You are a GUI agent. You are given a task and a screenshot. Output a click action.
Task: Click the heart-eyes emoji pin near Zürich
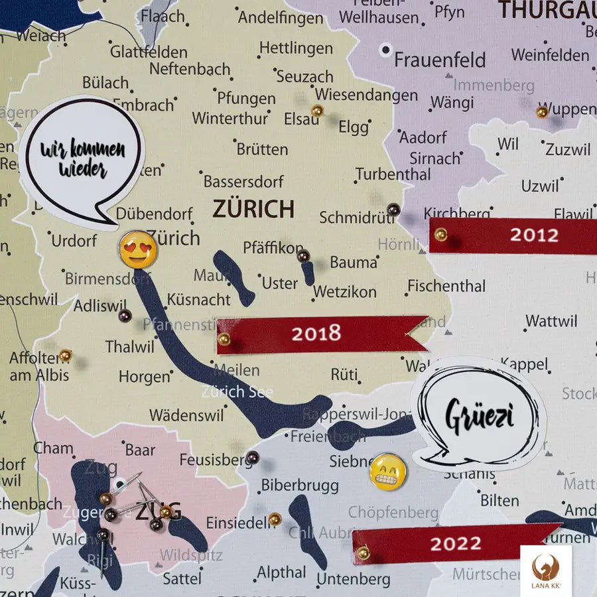138,249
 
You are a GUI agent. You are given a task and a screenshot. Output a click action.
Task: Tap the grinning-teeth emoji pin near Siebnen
387,472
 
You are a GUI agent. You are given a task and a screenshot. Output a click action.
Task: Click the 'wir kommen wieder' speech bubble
82,159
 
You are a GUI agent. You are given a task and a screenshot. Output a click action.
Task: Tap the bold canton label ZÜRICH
253,209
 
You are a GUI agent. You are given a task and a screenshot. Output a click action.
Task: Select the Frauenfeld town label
440,60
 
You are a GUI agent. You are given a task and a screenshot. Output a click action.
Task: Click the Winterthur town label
230,118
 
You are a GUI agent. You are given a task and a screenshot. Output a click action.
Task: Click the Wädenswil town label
186,416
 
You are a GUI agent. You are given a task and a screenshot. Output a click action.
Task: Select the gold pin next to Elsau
317,110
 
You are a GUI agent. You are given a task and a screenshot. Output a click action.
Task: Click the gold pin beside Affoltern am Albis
65,356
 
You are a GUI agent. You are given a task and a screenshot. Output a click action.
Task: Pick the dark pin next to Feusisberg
253,457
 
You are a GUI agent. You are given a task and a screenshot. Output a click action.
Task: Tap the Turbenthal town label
393,174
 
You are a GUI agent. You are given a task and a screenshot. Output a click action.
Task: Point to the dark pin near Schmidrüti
393,210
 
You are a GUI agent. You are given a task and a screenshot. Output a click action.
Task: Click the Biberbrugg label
299,486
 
